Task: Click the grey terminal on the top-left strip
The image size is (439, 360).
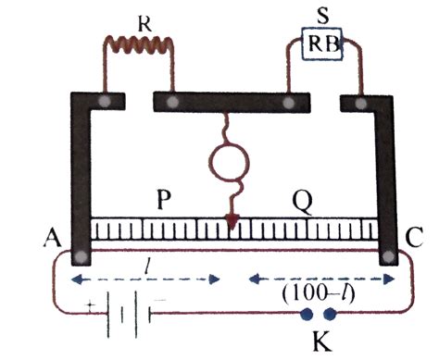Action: [108, 100]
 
